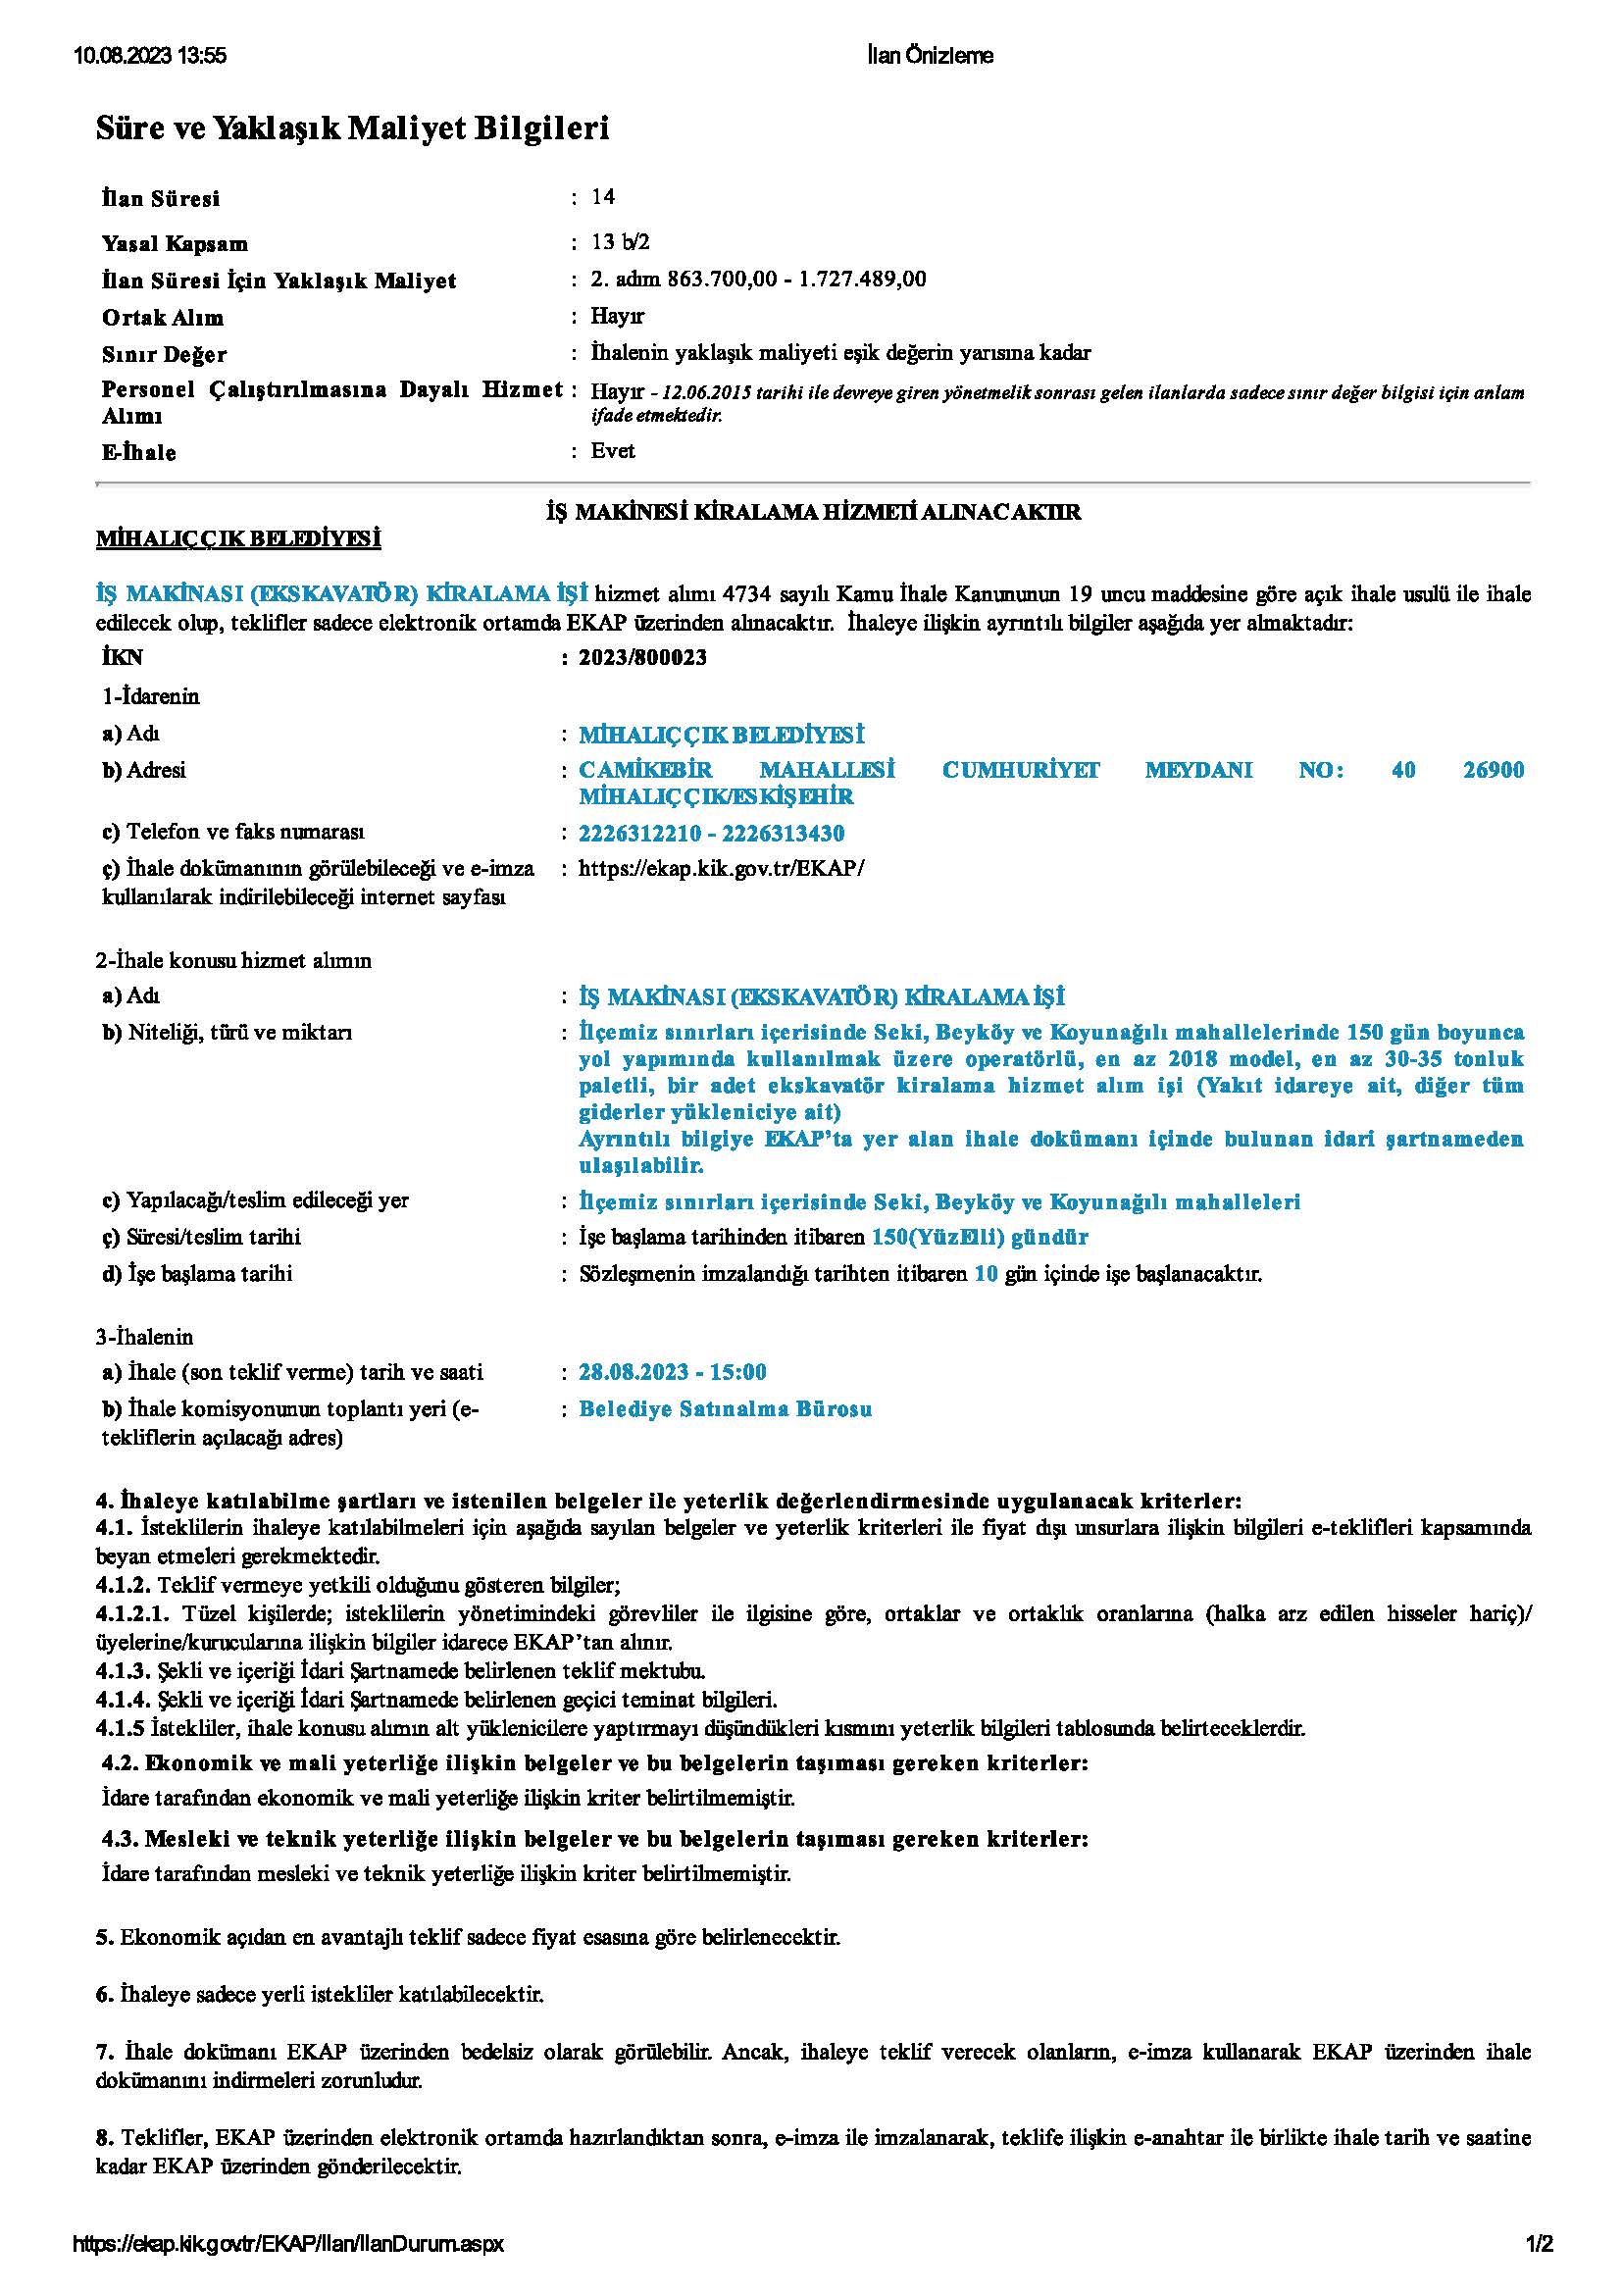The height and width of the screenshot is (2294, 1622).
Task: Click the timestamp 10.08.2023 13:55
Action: coord(150,56)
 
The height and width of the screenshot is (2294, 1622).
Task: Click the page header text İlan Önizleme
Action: coord(930,56)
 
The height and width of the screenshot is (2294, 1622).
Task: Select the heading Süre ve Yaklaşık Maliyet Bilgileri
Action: coord(352,127)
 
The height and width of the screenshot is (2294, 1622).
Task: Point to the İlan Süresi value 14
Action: coord(602,197)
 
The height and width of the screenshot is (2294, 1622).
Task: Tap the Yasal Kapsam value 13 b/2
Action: coord(620,242)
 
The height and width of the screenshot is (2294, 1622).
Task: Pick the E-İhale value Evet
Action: coord(612,450)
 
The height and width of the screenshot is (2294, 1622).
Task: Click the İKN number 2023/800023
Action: coord(642,657)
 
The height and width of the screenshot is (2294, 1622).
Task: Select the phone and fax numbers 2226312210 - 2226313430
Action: coord(711,834)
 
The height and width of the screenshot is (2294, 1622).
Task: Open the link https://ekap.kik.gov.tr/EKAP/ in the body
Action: coord(720,867)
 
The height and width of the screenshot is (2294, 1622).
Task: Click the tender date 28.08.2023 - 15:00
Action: coord(672,1372)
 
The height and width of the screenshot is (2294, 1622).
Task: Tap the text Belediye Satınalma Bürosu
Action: coord(725,1409)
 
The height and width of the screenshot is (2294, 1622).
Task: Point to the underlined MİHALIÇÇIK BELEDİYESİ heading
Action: coord(238,539)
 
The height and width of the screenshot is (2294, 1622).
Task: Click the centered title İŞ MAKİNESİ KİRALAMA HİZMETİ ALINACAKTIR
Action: coord(813,513)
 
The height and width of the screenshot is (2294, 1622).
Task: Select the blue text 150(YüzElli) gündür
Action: coord(979,1238)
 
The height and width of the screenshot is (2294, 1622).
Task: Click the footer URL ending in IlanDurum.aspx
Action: coord(288,2245)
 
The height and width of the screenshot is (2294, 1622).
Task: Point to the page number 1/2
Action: coord(1539,2245)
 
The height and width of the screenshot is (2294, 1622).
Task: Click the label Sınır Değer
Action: coord(164,355)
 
